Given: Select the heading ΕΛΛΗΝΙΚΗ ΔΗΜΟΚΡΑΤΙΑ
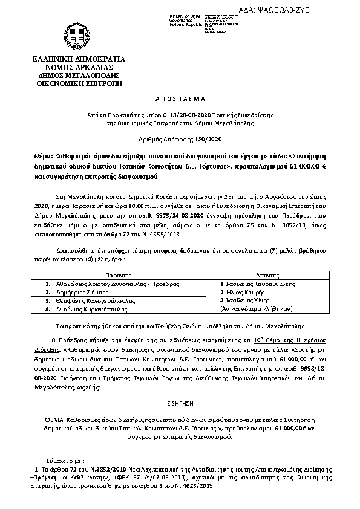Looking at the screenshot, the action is point(79,59).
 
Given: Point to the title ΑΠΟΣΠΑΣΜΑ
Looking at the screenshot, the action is point(180,97).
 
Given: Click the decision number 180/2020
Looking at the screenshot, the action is point(199,139).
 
